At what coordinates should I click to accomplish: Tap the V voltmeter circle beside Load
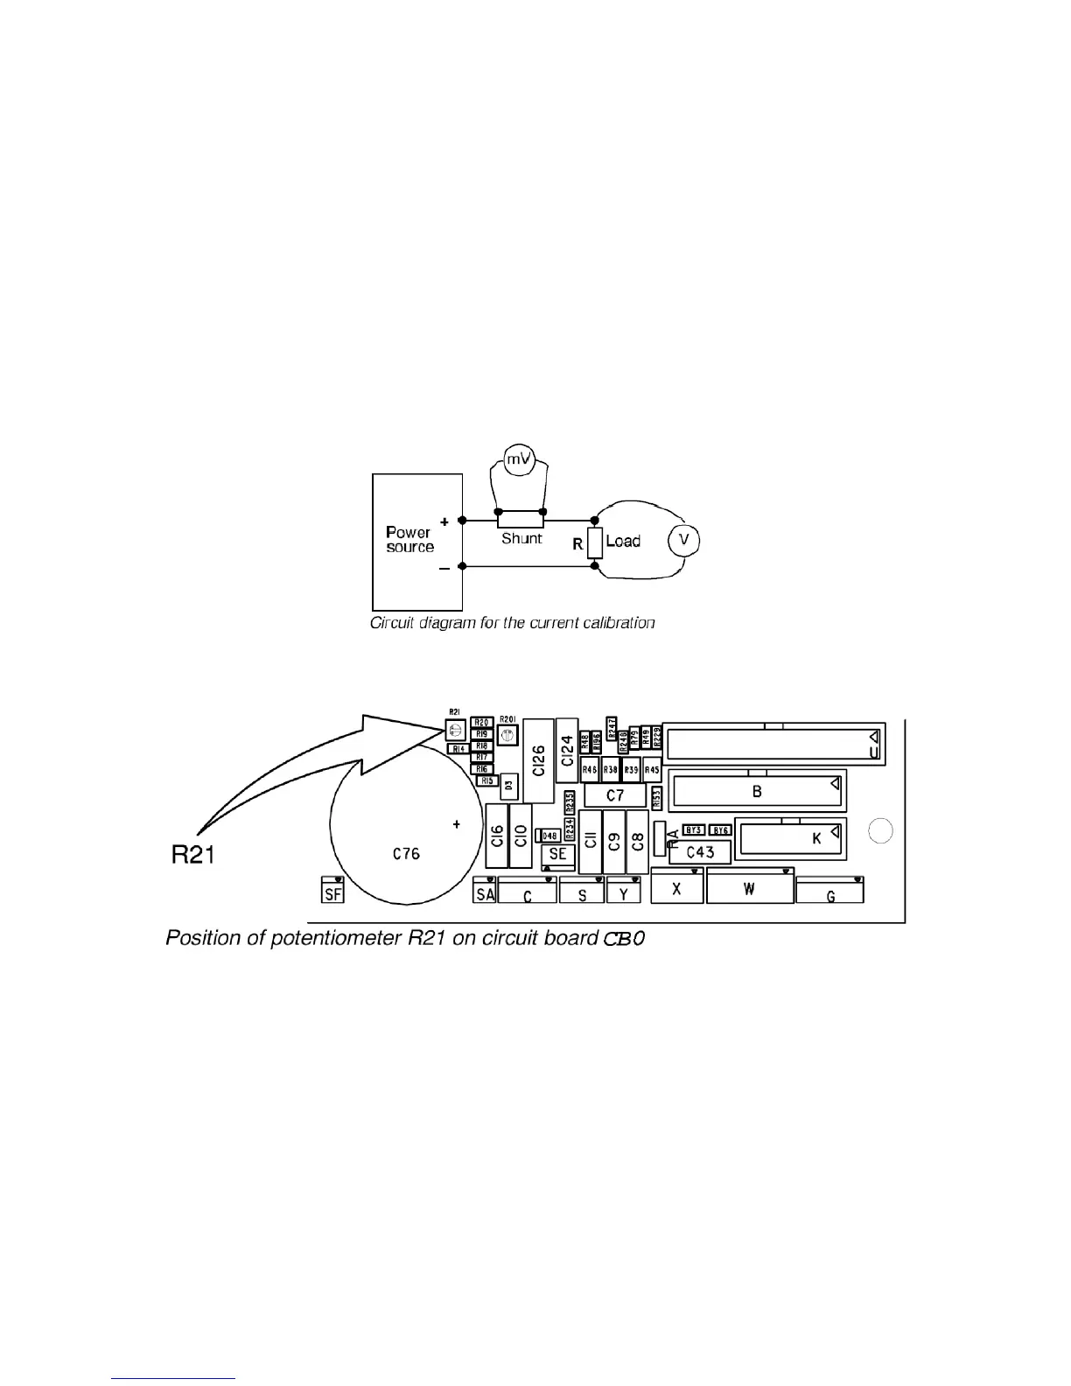tap(684, 541)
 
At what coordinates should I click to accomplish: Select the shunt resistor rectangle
tap(521, 520)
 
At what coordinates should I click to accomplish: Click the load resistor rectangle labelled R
tap(595, 543)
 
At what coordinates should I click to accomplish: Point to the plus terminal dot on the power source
tap(462, 520)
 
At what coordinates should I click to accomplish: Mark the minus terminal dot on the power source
tap(462, 566)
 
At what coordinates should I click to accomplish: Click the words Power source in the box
tap(409, 540)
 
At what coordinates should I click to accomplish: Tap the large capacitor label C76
tap(406, 853)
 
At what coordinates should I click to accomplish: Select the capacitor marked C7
tap(615, 795)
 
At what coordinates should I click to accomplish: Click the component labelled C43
tap(700, 852)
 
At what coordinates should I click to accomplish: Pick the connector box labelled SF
tap(332, 891)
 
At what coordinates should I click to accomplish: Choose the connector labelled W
tap(749, 888)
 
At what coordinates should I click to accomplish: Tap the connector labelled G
tap(829, 892)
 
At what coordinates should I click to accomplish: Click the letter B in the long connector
tap(757, 792)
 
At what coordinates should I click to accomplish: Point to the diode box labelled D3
tap(508, 786)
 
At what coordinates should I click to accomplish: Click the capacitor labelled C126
tap(538, 760)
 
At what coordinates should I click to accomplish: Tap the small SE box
tap(557, 854)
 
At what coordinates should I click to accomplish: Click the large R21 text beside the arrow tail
tap(192, 855)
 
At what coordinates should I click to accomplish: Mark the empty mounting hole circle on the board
tap(881, 831)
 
